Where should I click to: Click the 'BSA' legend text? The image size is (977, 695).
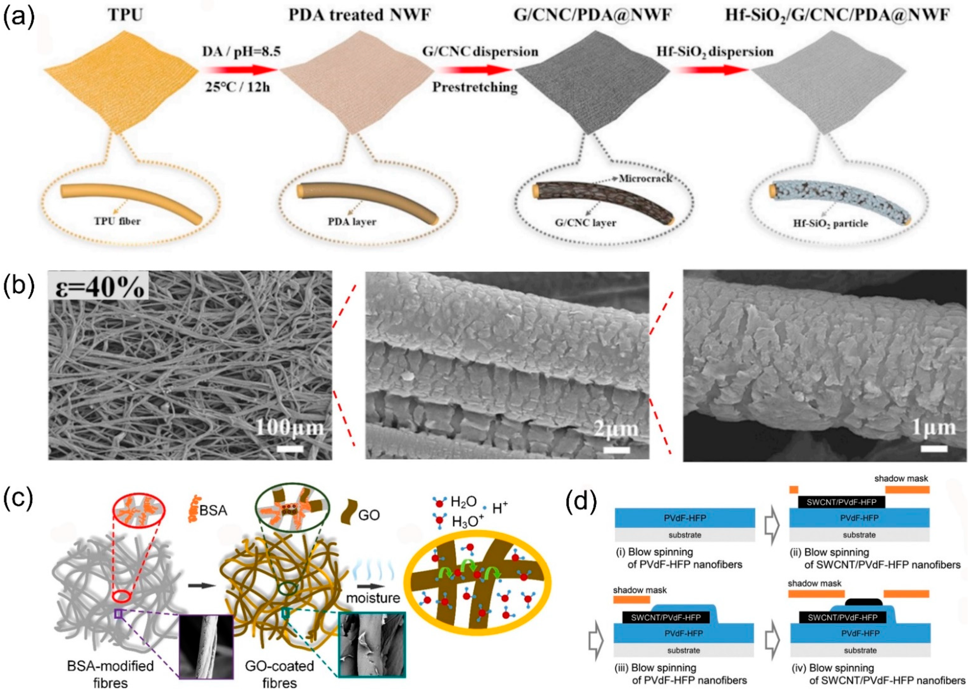click(x=213, y=510)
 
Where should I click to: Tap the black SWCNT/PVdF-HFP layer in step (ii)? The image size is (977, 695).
click(x=841, y=502)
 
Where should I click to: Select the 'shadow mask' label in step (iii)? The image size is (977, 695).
click(x=640, y=591)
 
